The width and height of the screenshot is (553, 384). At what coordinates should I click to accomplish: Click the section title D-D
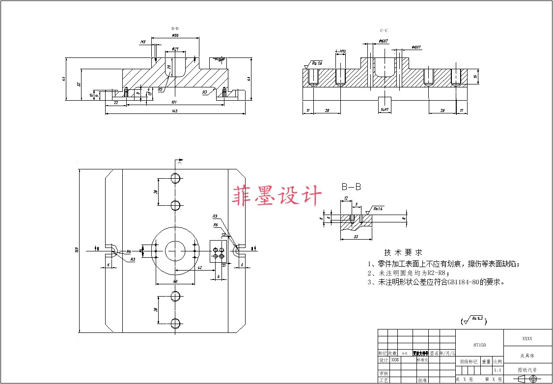(x=175, y=29)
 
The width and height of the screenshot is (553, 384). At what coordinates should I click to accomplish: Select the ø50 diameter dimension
(x=175, y=35)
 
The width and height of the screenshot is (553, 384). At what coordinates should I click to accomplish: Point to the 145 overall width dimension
(x=174, y=111)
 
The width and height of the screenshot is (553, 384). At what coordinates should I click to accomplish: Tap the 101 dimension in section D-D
(x=173, y=102)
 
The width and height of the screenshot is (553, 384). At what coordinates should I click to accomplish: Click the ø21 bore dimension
(x=175, y=49)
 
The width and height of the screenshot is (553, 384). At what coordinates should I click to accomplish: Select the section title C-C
(x=385, y=30)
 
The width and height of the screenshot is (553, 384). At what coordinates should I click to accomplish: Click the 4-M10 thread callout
(x=340, y=51)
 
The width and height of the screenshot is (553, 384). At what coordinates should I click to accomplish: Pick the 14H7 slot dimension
(x=385, y=110)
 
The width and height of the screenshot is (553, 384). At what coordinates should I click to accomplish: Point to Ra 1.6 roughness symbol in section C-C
(x=317, y=63)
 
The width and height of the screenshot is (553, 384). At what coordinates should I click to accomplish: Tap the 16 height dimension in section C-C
(x=475, y=77)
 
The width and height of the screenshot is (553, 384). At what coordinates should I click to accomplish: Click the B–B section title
(x=352, y=187)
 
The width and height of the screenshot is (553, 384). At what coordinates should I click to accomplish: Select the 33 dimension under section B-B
(x=356, y=237)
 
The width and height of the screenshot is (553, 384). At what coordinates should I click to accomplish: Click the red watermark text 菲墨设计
(x=277, y=196)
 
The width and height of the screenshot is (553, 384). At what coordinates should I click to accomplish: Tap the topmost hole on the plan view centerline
(x=175, y=178)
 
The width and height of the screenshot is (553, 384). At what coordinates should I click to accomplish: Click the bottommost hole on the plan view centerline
(x=175, y=323)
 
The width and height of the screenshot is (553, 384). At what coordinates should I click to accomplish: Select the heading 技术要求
(x=403, y=252)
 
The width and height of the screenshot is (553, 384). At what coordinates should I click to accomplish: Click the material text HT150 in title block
(x=479, y=345)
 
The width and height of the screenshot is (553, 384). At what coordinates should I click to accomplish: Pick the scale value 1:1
(x=498, y=370)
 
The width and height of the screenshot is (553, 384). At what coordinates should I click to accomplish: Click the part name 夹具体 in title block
(x=527, y=355)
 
